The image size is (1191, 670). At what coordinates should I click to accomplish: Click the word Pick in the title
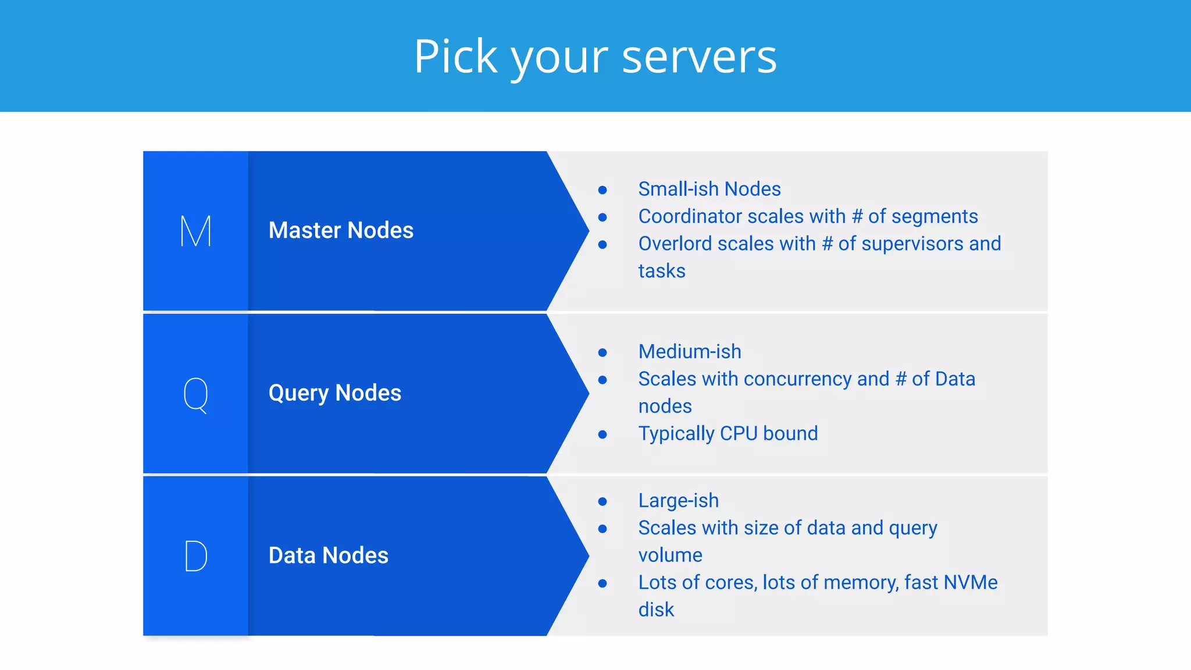455,56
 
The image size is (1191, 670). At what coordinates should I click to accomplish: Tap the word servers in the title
699,56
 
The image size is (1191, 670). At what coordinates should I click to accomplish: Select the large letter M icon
195,231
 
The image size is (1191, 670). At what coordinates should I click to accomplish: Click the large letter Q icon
195,394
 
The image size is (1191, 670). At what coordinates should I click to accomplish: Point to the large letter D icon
195,556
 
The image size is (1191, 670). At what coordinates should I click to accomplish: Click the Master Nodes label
341,230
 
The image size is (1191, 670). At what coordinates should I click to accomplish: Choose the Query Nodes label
334,393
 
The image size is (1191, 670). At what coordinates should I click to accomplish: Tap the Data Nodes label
328,555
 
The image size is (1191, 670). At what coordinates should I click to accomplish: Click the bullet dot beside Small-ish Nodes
602,190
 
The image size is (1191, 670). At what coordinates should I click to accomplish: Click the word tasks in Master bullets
662,271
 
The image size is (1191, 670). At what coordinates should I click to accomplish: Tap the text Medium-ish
690,352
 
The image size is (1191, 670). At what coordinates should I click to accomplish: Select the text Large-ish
678,501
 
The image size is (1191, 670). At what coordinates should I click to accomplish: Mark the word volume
670,555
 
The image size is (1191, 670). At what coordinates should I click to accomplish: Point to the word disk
656,610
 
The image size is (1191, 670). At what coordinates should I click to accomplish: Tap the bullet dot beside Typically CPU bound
602,434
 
